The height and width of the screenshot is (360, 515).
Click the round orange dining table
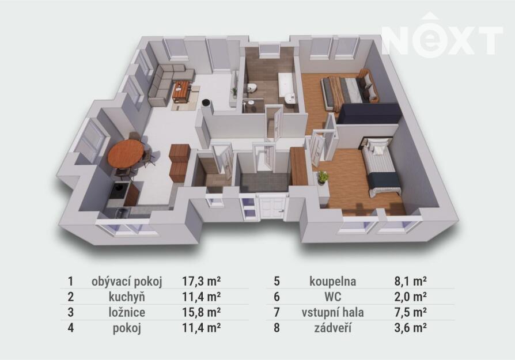(x=126, y=154)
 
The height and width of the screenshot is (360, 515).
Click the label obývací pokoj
(x=127, y=282)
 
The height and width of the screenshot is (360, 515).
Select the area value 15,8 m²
(x=202, y=312)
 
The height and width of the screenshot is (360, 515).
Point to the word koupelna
(x=333, y=282)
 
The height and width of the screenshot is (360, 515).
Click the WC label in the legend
(x=333, y=297)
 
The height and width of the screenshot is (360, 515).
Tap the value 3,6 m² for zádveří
(x=411, y=328)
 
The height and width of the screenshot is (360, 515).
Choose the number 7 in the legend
(x=277, y=312)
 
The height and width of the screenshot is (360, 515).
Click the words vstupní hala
(x=333, y=312)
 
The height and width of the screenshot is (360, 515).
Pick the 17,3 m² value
(x=202, y=282)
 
